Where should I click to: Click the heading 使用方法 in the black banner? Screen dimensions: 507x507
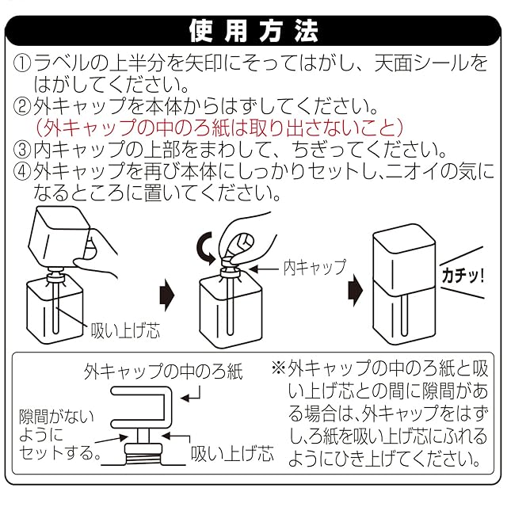[253, 31]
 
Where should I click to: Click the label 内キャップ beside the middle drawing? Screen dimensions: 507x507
[314, 267]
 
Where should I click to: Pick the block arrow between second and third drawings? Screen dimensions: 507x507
[355, 292]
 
